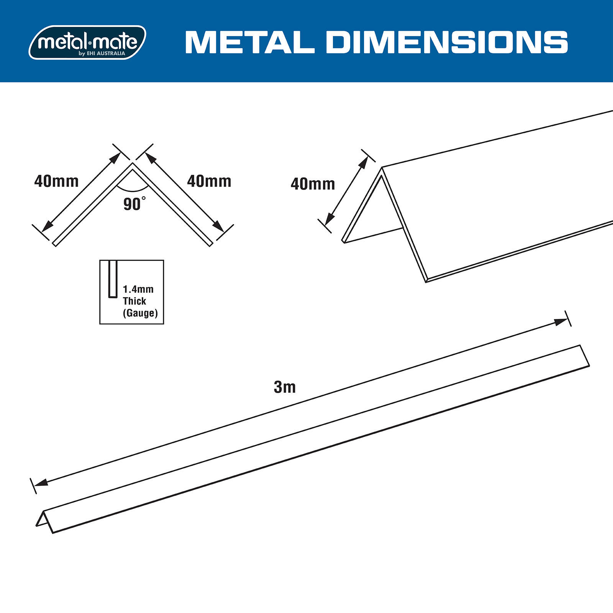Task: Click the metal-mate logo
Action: click(87, 42)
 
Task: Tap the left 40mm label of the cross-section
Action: click(56, 181)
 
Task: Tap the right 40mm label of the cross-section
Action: click(209, 181)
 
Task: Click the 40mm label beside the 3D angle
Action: click(313, 184)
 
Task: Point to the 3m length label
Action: click(285, 387)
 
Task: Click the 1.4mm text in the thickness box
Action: click(138, 289)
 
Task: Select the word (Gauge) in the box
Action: click(140, 313)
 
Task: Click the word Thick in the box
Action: click(134, 301)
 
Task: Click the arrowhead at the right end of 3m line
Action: click(561, 322)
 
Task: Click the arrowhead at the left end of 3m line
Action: click(41, 482)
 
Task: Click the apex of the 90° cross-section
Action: click(133, 165)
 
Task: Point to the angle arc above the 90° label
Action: click(133, 190)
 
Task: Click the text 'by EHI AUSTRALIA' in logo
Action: click(102, 54)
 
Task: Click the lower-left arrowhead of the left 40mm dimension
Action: click(47, 227)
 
